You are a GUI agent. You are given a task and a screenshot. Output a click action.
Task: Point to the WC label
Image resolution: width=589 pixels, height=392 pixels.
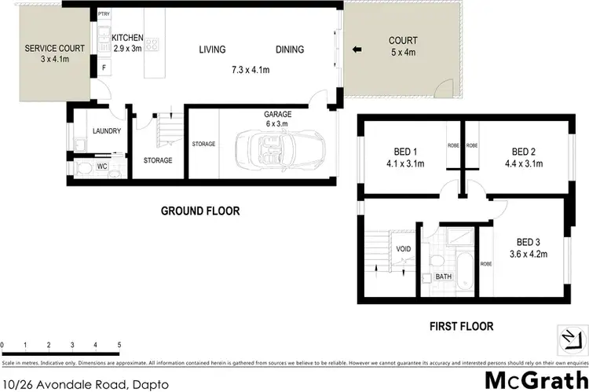point(102,167)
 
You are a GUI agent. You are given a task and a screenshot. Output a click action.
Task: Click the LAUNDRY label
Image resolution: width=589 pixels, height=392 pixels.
point(105,132)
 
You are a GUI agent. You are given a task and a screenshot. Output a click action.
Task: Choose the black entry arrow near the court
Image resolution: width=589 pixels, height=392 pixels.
point(357,51)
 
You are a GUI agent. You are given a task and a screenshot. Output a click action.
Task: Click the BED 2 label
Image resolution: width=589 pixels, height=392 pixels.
point(524,152)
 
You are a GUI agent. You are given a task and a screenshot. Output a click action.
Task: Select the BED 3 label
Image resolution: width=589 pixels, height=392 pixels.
point(529,242)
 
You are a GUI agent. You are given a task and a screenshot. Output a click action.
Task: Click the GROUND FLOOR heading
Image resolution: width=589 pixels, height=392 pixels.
point(200,211)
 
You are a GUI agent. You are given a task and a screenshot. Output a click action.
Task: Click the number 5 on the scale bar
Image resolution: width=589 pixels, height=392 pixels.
point(119,345)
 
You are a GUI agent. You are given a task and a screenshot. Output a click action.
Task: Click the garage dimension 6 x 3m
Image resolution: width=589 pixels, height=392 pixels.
point(278,123)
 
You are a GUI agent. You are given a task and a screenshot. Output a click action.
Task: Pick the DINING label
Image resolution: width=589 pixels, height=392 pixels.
point(290,49)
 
